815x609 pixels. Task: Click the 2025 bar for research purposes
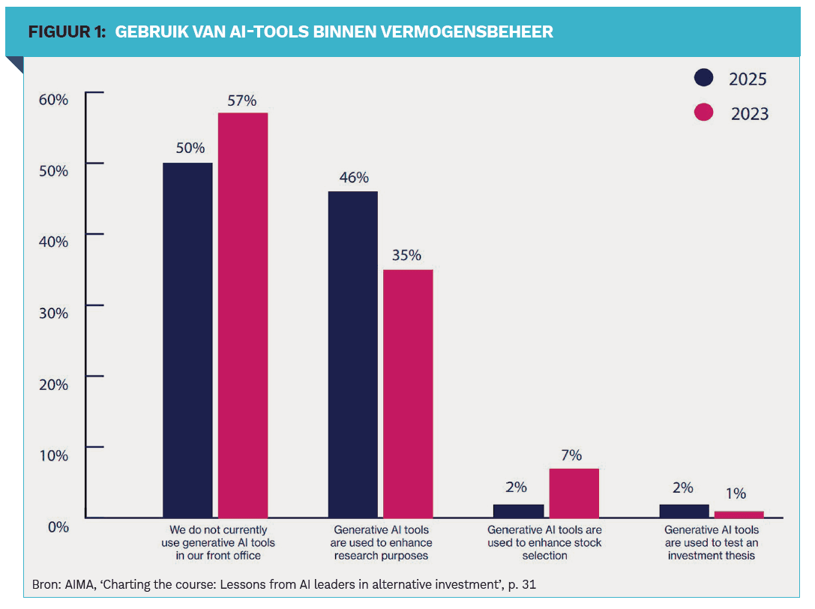[x=353, y=354]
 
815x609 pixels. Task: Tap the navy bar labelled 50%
[x=187, y=340]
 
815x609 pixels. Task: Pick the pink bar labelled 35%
[x=408, y=393]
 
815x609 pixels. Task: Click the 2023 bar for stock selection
[x=574, y=493]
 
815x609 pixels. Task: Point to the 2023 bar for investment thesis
[x=739, y=514]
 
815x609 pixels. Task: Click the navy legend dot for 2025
[x=703, y=78]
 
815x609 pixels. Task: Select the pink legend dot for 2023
[x=703, y=112]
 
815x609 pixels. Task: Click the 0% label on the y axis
[x=58, y=526]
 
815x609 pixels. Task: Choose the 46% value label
[x=353, y=178]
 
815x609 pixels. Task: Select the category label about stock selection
[x=544, y=542]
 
